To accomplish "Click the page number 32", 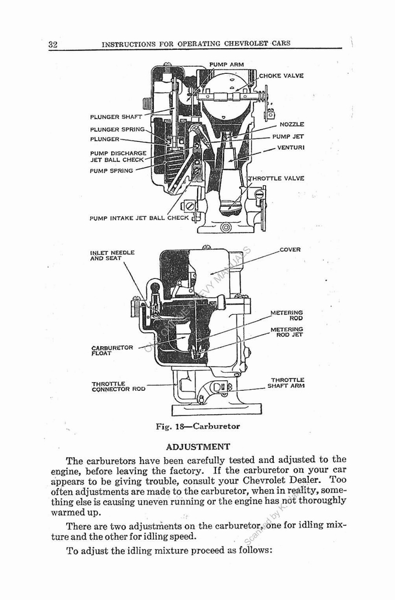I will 56,43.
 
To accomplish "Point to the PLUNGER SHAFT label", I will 115,117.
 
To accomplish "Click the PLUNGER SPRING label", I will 117,129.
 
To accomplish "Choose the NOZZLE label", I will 291,124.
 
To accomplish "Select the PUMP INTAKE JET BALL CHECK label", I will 139,218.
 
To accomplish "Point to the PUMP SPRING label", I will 111,171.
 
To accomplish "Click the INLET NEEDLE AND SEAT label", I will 112,255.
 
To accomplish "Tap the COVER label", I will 290,250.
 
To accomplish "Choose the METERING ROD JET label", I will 287,332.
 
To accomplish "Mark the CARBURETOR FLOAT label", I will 112,350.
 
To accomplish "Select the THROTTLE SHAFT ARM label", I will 286,383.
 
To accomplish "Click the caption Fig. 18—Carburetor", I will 198,426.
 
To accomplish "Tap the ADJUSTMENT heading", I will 198,446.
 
